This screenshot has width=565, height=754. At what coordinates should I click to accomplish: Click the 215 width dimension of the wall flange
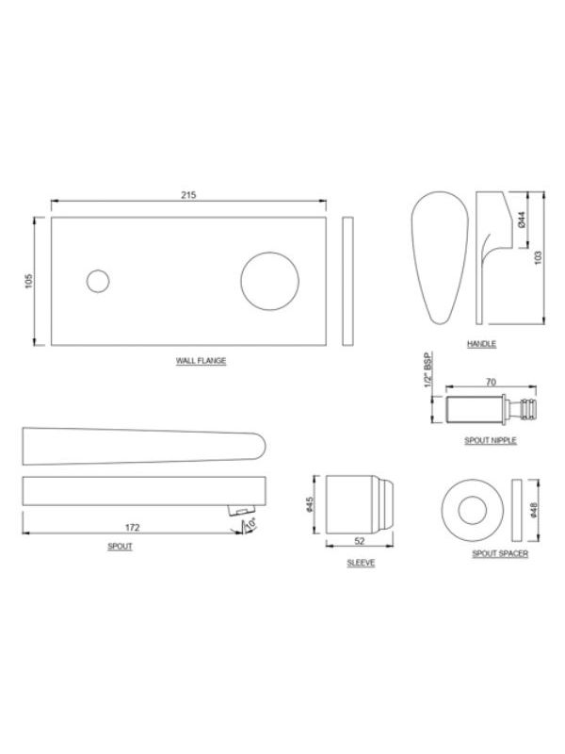(x=188, y=195)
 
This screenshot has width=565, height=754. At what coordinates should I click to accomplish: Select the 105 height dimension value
(x=29, y=281)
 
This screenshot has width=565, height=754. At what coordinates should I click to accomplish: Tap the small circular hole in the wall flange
(x=98, y=281)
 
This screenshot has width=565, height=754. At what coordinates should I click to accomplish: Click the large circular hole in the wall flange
(x=269, y=281)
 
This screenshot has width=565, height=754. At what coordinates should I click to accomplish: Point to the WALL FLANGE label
(x=201, y=361)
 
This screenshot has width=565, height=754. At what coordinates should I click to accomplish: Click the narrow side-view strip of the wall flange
(x=347, y=281)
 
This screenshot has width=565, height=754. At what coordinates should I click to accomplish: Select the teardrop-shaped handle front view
(x=440, y=257)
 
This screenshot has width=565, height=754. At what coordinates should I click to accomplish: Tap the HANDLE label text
(x=481, y=344)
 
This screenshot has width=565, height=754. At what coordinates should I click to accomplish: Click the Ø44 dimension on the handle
(x=523, y=220)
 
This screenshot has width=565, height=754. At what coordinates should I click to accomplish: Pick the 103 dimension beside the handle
(x=538, y=257)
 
